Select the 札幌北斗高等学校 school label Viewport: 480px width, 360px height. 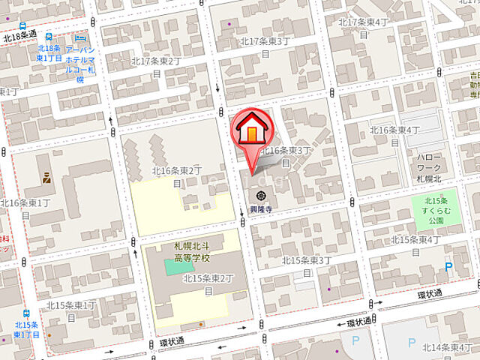point(192,252)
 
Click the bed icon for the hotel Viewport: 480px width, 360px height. point(80,37)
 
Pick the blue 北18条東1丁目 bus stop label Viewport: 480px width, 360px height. point(49,53)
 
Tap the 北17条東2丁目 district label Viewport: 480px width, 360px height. point(156,66)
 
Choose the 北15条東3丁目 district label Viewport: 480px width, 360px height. point(306,265)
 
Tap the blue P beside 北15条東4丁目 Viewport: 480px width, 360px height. point(448,267)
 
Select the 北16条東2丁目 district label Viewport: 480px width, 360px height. point(177,176)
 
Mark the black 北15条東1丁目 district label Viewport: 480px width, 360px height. point(71,310)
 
